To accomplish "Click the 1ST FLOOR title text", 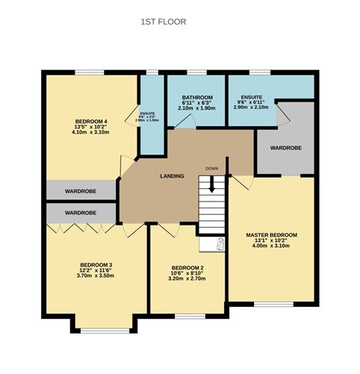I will [x=163, y=22].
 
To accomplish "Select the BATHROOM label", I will [x=197, y=97].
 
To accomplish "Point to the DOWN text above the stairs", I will [x=212, y=169].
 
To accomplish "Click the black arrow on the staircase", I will [x=212, y=184].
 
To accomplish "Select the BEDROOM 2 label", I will [x=187, y=268].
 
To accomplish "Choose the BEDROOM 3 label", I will [x=96, y=264].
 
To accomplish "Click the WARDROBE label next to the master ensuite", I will [x=285, y=148].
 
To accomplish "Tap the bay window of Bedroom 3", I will [x=96, y=331].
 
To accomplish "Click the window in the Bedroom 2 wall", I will [x=187, y=317].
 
